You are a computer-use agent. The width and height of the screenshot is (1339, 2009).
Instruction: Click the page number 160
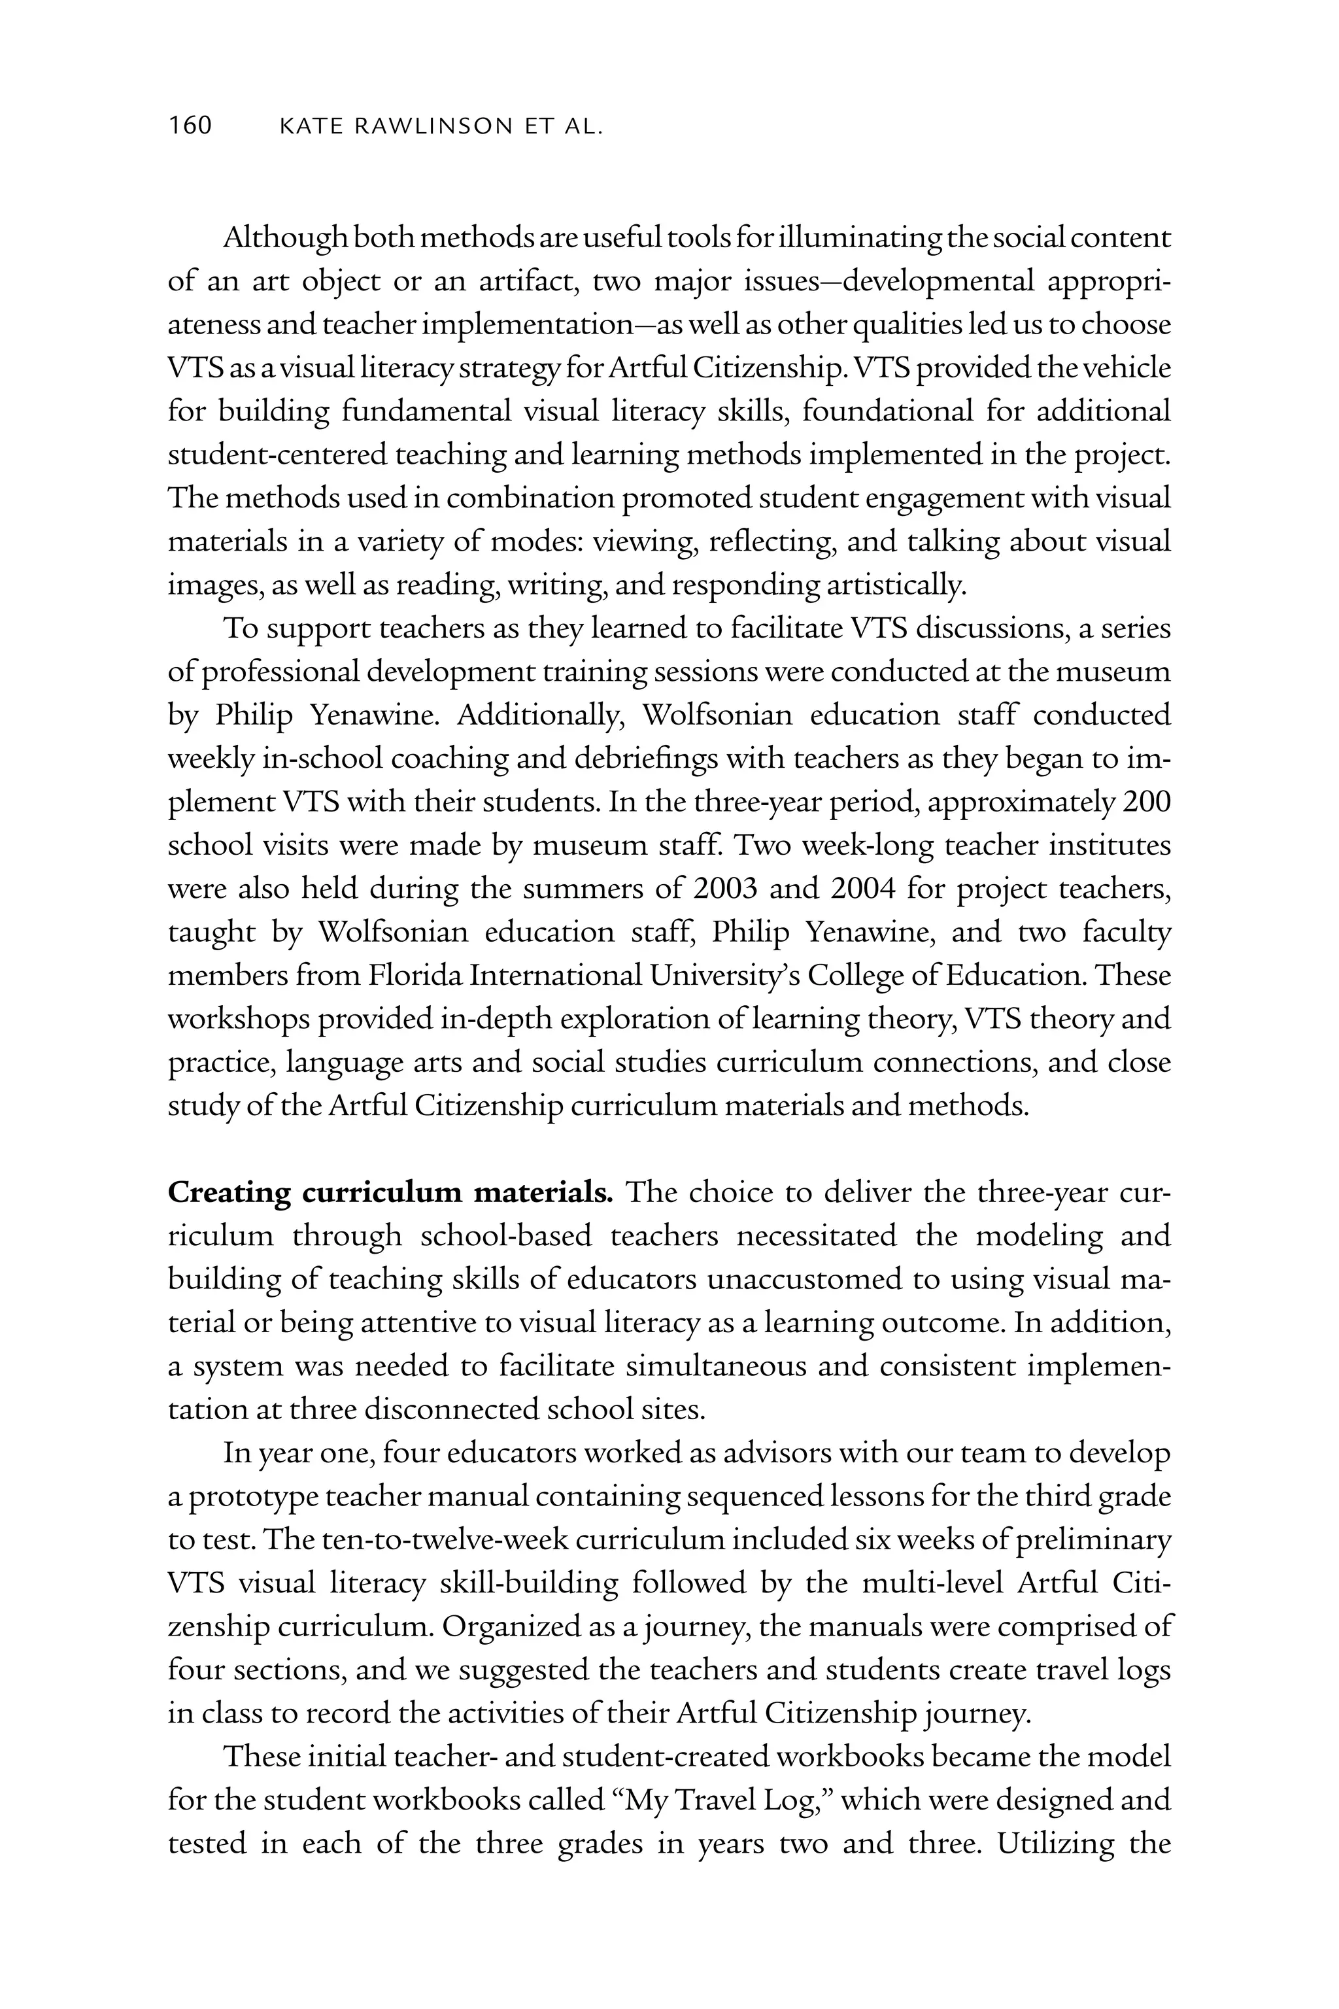[x=190, y=126]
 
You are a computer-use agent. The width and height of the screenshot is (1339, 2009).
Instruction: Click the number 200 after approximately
[x=1146, y=802]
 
